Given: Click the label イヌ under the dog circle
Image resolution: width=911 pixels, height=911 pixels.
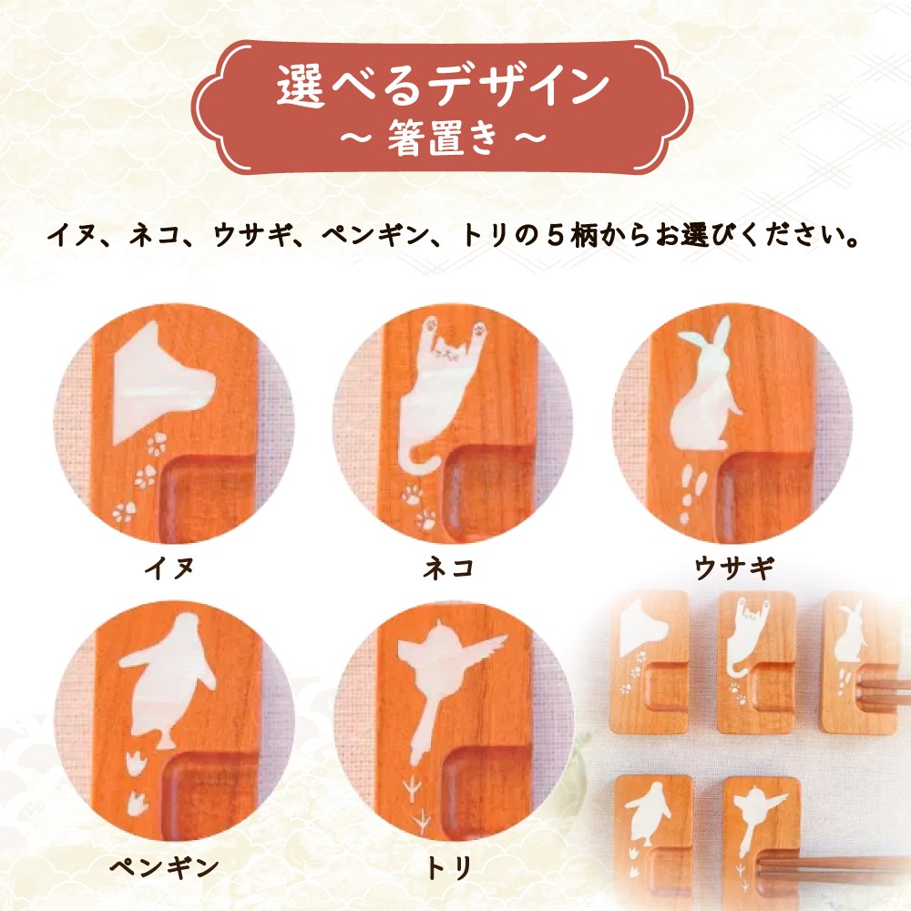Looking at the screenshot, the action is pyautogui.click(x=169, y=567).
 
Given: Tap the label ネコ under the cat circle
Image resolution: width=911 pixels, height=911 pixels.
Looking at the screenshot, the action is pyautogui.click(x=448, y=567).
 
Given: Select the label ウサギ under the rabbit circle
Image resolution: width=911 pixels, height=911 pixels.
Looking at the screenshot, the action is pyautogui.click(x=734, y=567).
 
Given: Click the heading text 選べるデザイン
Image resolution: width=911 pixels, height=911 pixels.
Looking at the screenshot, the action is pyautogui.click(x=443, y=86).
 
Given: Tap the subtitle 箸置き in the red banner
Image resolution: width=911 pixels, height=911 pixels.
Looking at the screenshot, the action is pyautogui.click(x=443, y=139).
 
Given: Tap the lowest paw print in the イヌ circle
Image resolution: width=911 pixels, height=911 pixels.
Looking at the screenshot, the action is pyautogui.click(x=124, y=512).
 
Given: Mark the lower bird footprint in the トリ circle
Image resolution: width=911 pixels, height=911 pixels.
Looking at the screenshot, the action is pyautogui.click(x=420, y=823).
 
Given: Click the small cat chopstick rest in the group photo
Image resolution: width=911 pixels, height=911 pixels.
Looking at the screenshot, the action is pyautogui.click(x=755, y=661).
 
